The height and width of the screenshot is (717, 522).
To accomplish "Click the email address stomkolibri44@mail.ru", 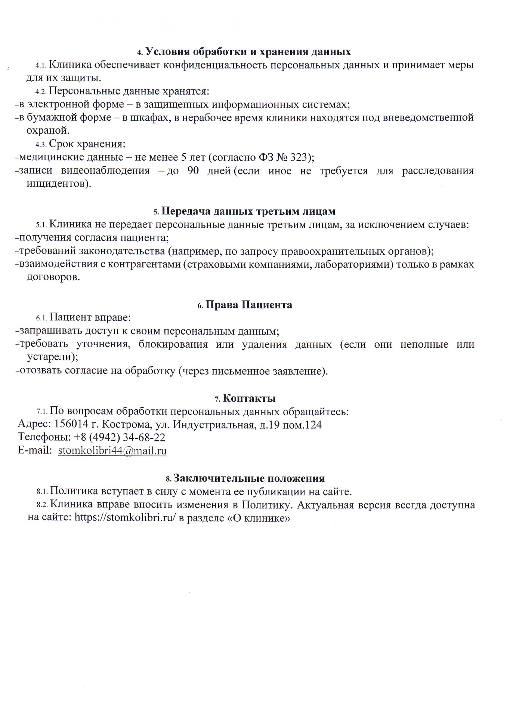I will pyautogui.click(x=112, y=451).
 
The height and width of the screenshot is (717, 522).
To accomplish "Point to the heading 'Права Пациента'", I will pyautogui.click(x=249, y=305).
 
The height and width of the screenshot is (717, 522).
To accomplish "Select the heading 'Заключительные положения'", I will pyautogui.click(x=249, y=478).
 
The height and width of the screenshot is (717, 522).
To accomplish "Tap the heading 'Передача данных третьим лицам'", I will pyautogui.click(x=248, y=211).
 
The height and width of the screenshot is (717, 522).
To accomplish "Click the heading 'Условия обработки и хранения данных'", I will pyautogui.click(x=248, y=52).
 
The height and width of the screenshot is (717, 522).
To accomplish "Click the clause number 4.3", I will pyautogui.click(x=40, y=145).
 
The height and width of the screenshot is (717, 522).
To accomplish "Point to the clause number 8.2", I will pyautogui.click(x=42, y=505).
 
